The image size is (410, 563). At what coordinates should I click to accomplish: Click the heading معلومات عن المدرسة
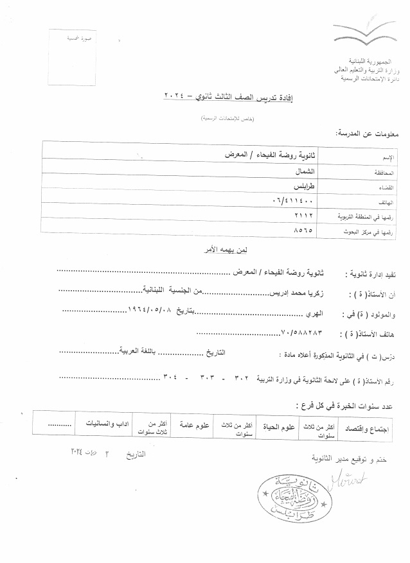[368, 133]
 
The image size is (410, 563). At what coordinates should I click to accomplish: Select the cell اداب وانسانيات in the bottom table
[100, 425]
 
